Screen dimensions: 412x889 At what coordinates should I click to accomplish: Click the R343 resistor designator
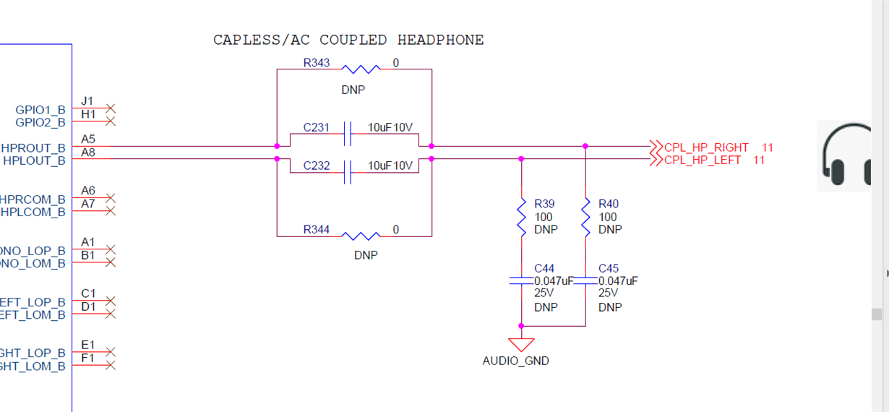317,63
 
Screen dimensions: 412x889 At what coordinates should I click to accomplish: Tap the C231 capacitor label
317,128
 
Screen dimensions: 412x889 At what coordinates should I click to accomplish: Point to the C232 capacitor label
317,166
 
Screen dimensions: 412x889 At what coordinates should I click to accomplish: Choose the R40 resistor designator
609,204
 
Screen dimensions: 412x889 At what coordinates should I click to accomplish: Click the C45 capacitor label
609,268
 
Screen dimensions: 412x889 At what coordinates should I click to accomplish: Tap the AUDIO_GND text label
515,361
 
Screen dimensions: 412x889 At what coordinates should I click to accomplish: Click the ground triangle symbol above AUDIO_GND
520,344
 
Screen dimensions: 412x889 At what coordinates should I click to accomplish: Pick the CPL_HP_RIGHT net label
706,147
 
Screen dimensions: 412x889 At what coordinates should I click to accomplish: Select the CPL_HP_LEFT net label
702,160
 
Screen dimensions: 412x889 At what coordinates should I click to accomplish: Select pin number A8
88,153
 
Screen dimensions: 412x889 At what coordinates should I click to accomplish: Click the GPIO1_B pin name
40,110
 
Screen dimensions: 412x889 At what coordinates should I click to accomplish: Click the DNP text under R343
354,91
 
